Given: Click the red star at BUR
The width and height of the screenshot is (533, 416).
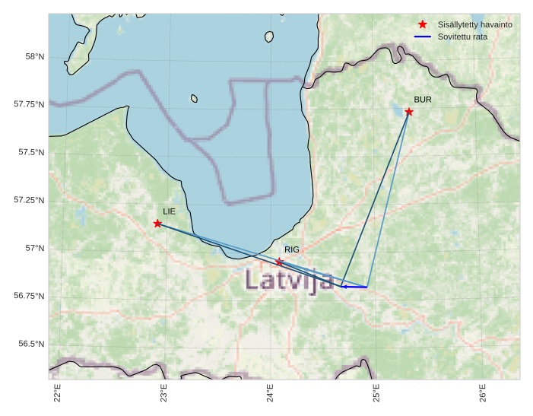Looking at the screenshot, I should coord(409,112).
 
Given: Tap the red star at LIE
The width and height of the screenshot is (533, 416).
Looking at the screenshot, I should coord(157,224).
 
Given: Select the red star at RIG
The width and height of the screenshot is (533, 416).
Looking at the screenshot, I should coord(279,262).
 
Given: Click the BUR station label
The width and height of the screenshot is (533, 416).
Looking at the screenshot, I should coord(423,100).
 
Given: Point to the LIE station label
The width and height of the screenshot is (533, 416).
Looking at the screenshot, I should coord(169,211).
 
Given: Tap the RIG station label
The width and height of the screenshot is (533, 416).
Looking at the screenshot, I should coord(292,249).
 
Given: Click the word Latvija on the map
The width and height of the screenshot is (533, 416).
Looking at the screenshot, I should coord(289,280).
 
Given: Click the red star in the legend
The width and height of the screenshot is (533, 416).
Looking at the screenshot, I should coord(423,24).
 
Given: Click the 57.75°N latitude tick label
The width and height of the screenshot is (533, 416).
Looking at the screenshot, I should coord(30,104).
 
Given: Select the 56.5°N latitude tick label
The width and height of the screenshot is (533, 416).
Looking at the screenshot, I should coord(31,344).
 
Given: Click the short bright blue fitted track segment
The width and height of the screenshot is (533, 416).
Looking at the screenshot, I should coord(354,287).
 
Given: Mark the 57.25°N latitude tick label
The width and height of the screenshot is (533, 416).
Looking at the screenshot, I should coord(30,200).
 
